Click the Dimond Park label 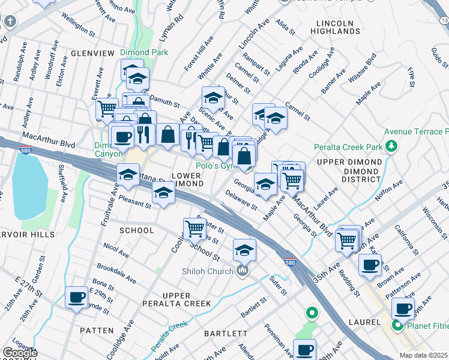143,52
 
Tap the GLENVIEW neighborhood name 92,53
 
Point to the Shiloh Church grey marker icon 243,271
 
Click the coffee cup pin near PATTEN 77,298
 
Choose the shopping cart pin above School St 194,228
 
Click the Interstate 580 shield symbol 290,263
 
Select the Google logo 20,353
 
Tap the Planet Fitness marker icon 397,326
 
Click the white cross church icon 9,22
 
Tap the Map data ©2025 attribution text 423,355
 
